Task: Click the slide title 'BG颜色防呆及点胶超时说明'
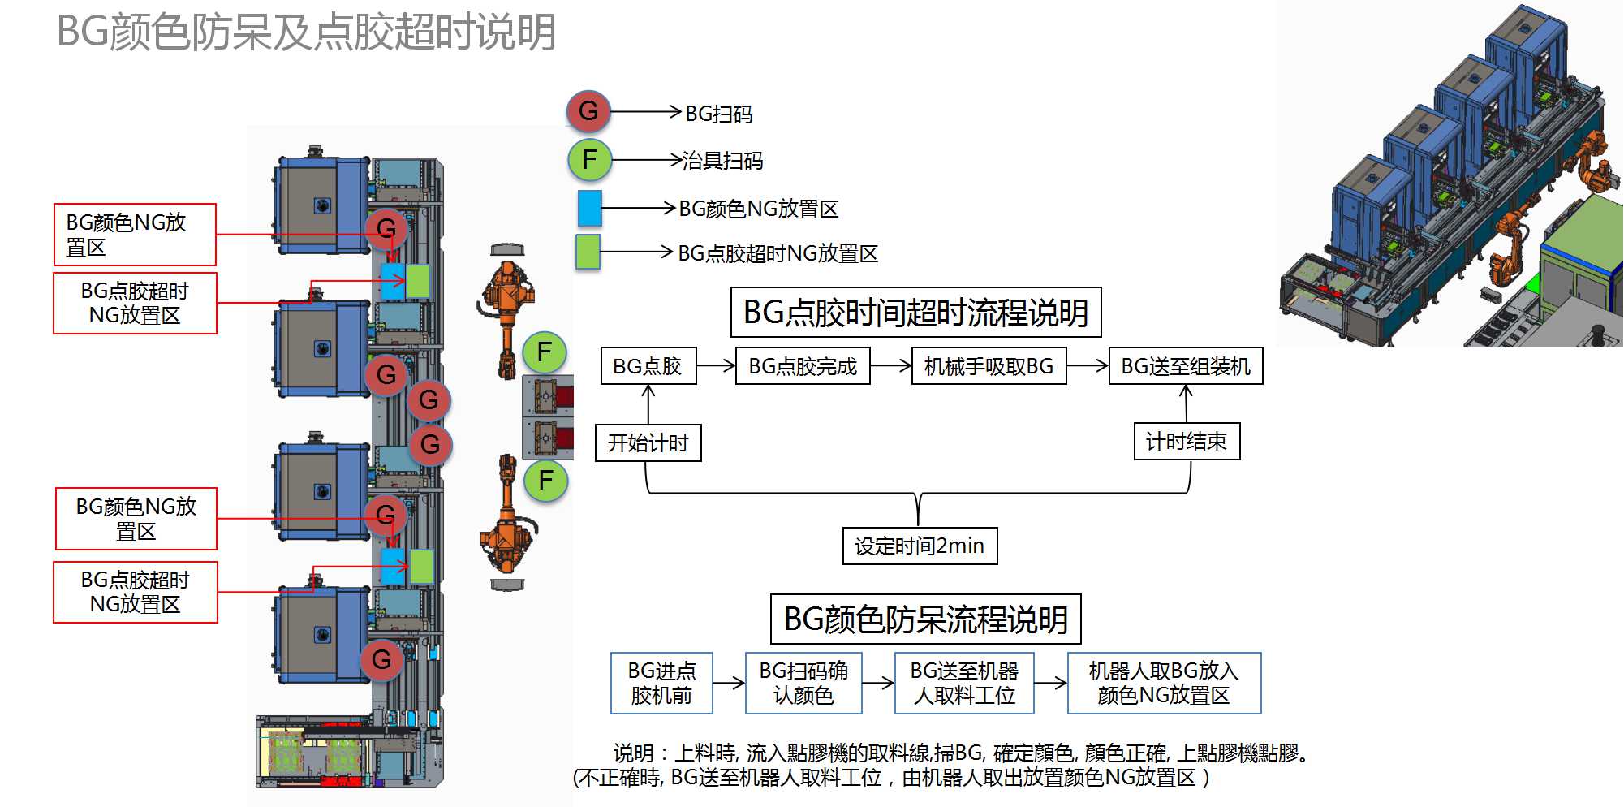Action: pos(306,32)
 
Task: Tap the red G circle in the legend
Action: pos(588,111)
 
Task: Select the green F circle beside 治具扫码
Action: pos(589,159)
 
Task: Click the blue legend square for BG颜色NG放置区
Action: pos(589,208)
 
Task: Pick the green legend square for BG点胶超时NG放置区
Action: pos(587,252)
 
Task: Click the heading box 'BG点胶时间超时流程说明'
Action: pos(915,313)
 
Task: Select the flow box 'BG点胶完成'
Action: pos(802,366)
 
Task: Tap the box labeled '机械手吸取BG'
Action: pos(989,366)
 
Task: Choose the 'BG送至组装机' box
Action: pos(1185,366)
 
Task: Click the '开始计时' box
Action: pos(648,442)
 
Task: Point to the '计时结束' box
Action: pos(1186,441)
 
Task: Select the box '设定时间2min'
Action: pos(920,546)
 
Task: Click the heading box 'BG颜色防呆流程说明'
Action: pos(925,619)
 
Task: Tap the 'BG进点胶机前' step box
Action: pos(661,683)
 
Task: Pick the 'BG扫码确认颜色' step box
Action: pos(803,683)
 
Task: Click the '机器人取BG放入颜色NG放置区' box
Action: pos(1163,683)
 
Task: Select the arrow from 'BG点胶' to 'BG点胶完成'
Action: pos(716,366)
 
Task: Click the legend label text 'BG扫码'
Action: pos(718,114)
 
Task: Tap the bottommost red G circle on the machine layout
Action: pos(381,659)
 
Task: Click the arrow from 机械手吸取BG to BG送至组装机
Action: pos(1088,366)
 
